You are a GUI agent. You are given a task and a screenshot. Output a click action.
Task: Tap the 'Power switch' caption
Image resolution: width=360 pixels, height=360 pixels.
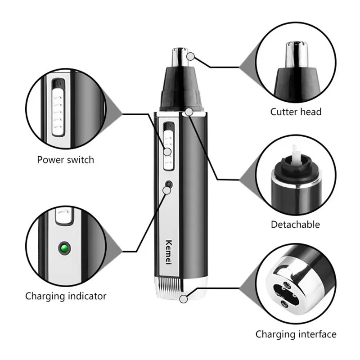coord(65,159)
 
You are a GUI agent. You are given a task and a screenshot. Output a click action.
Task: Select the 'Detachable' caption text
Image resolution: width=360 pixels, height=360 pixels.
coord(295,224)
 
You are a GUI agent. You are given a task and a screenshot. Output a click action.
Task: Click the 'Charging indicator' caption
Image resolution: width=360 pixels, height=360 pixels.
coord(66,296)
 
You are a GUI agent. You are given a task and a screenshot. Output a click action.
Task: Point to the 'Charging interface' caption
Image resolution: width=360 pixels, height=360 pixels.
coord(296,334)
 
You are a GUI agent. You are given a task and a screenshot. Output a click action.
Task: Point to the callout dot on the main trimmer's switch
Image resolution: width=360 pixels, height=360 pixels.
coord(167,152)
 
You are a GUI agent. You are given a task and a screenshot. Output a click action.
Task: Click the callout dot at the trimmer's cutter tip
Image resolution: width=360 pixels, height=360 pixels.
coord(191,56)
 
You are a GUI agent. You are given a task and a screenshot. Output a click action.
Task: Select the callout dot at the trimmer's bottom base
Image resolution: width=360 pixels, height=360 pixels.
coord(183,300)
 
